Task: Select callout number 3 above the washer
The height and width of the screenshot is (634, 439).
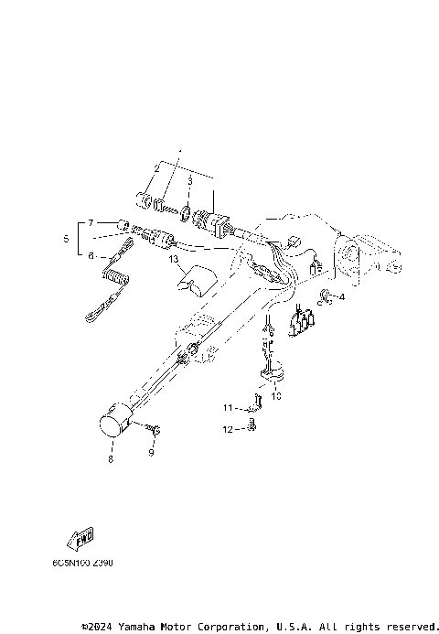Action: pyautogui.click(x=189, y=181)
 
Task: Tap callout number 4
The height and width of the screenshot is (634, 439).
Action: pyautogui.click(x=341, y=296)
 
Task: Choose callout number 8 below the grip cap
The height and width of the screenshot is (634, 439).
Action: pyautogui.click(x=110, y=460)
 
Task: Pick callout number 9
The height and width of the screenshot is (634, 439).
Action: pyautogui.click(x=152, y=452)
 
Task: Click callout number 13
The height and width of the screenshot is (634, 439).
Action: pyautogui.click(x=173, y=259)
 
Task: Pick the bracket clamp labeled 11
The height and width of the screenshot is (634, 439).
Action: pyautogui.click(x=257, y=403)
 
